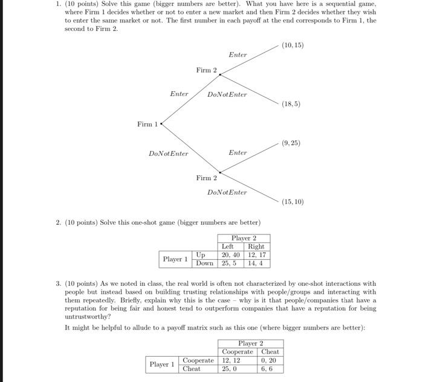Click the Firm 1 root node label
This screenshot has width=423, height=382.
click(147, 125)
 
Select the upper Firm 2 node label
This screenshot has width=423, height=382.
click(206, 71)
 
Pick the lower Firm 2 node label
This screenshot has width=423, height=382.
click(206, 178)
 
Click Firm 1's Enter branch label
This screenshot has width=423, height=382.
click(179, 94)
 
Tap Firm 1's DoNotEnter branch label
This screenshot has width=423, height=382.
click(169, 154)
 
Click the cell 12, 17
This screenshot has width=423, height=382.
click(256, 254)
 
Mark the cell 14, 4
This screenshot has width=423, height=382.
click(256, 263)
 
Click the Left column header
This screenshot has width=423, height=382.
click(228, 246)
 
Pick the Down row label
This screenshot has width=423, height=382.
click(205, 263)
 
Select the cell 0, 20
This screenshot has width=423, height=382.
click(269, 360)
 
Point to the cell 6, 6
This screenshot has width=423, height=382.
click(269, 369)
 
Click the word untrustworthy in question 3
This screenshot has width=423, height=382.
click(88, 317)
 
